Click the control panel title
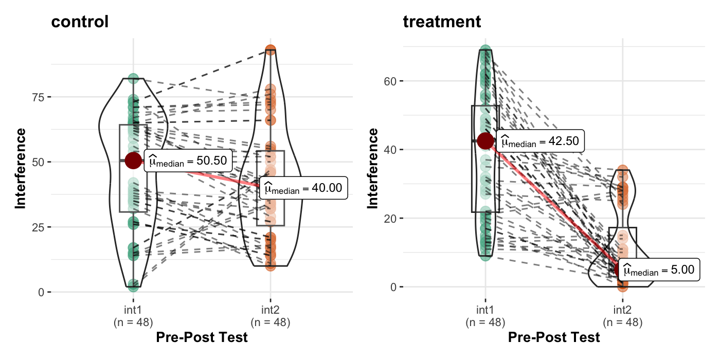click(80, 23)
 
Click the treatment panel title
click(442, 22)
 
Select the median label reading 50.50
click(189, 161)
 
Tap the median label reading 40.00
click(304, 188)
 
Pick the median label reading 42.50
click(541, 141)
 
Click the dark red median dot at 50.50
click(133, 160)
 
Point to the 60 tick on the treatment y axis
click(390, 81)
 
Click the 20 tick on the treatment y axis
click(390, 219)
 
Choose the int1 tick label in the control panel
click(133, 310)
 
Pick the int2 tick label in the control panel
click(271, 310)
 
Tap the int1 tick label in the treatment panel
click(485, 310)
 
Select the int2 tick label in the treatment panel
click(622, 310)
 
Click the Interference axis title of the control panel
click(21, 168)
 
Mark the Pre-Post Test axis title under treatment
click(554, 338)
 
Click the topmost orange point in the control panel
click(271, 50)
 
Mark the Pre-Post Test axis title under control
click(202, 338)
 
